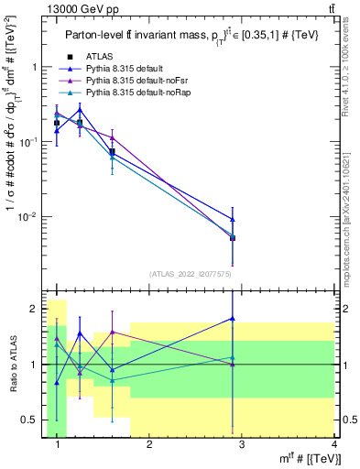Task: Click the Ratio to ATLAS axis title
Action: (12, 364)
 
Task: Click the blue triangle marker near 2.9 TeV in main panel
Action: (233, 219)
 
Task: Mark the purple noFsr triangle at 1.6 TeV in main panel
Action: (112, 137)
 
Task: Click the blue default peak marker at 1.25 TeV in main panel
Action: (80, 110)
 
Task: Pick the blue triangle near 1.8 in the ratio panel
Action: (233, 319)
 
